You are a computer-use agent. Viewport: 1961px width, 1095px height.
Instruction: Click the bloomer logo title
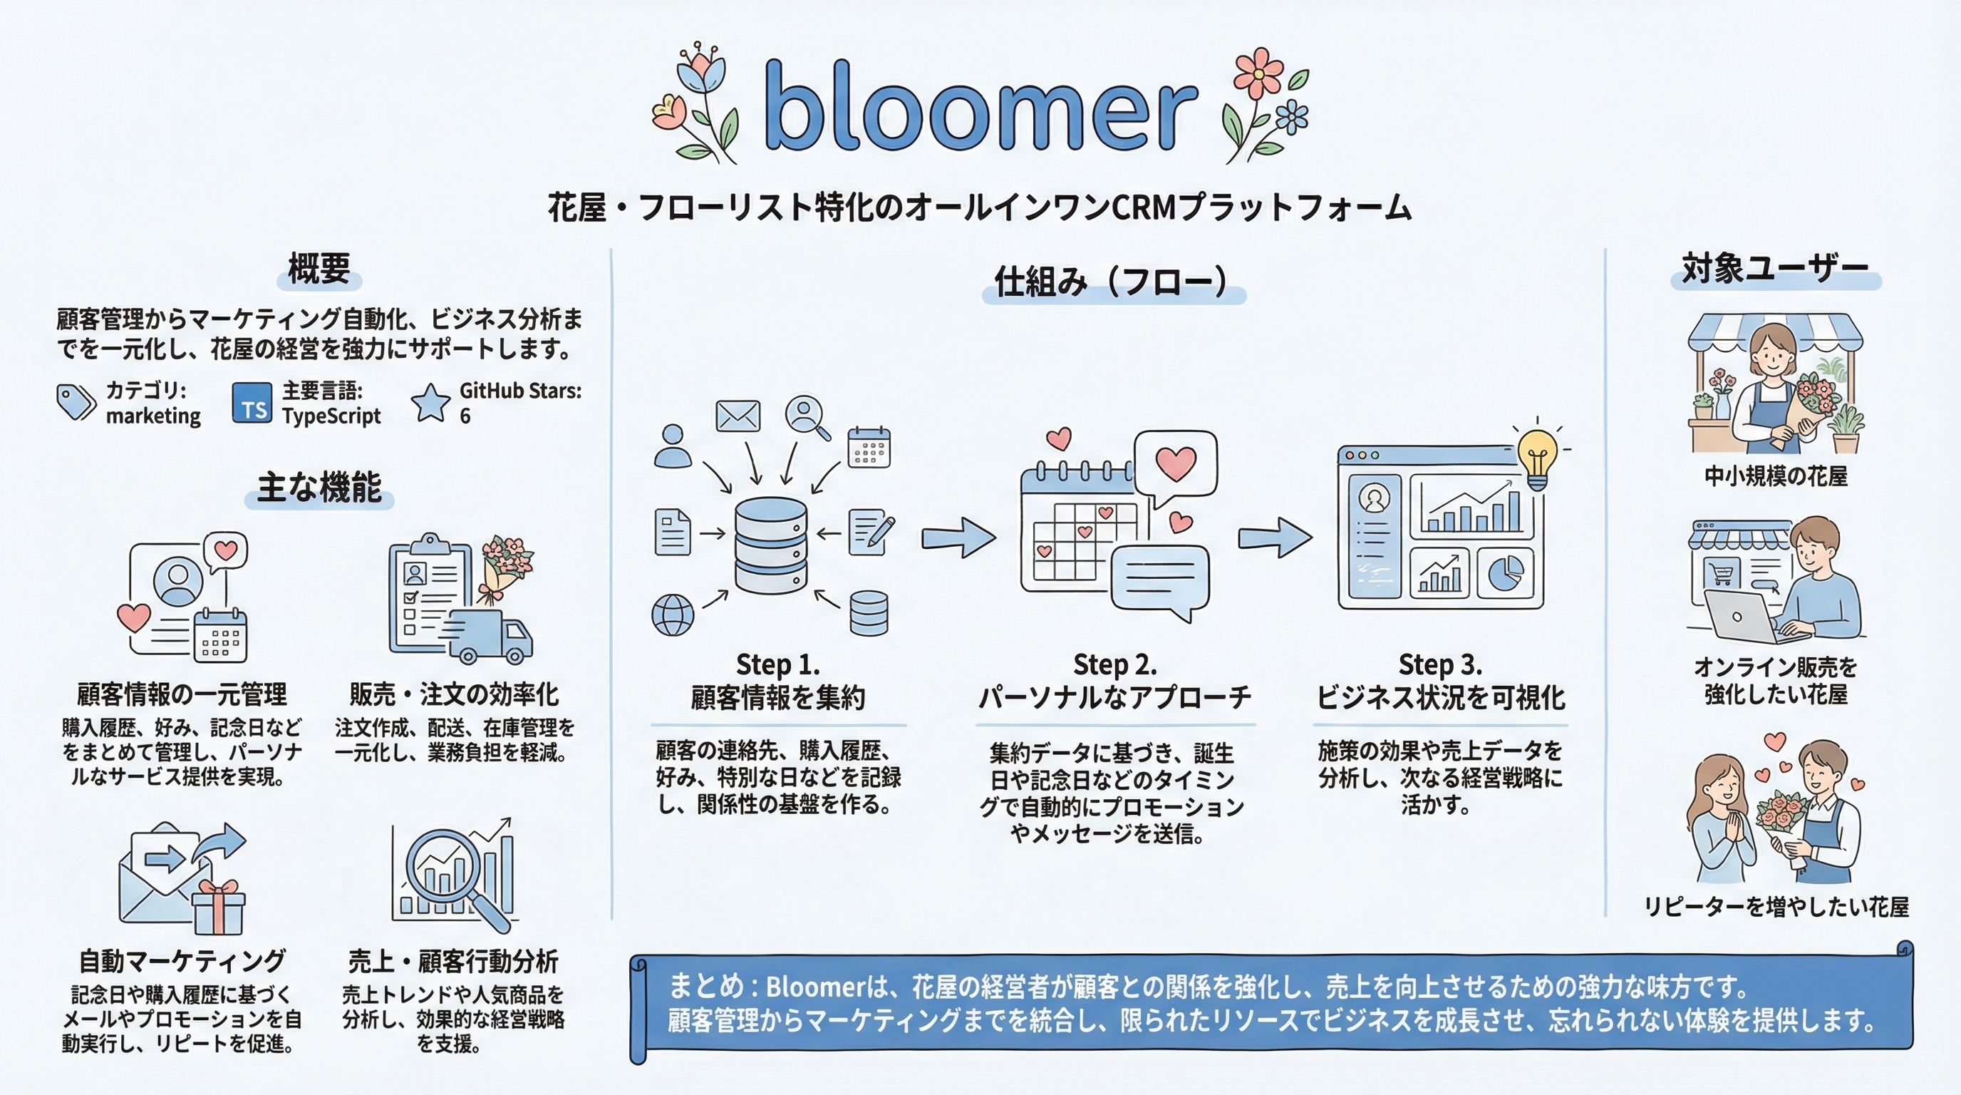980,107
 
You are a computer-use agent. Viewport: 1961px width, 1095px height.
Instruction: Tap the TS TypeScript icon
252,404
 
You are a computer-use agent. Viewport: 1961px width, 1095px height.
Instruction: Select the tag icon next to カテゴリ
76,402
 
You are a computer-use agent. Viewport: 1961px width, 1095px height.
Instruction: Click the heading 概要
319,269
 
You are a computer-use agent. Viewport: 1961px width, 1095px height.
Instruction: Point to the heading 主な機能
319,488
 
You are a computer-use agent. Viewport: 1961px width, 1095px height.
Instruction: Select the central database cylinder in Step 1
770,545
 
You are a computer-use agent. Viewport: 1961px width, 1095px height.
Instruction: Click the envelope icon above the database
738,416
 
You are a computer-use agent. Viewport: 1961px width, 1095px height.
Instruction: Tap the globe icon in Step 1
673,615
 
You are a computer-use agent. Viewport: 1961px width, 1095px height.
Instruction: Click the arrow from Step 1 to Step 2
958,537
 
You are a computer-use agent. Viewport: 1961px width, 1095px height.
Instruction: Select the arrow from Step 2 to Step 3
1274,537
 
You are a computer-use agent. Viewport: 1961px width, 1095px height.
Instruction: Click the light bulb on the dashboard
1537,457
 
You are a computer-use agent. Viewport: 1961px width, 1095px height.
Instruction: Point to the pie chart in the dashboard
1505,572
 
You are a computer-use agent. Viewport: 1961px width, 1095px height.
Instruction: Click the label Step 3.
1440,664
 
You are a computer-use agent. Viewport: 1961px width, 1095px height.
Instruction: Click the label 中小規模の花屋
1775,477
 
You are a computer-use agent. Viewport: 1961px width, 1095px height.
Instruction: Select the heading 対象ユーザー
1775,269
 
